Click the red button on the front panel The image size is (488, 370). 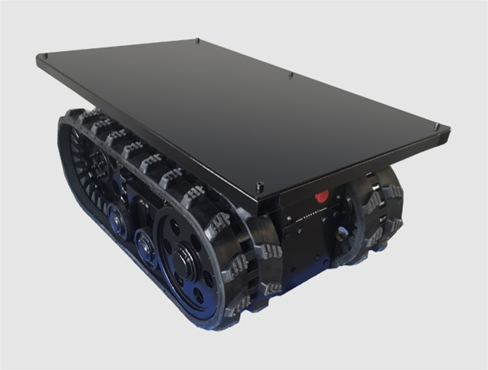322,197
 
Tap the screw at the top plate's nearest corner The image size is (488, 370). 258,186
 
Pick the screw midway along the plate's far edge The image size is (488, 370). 291,74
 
